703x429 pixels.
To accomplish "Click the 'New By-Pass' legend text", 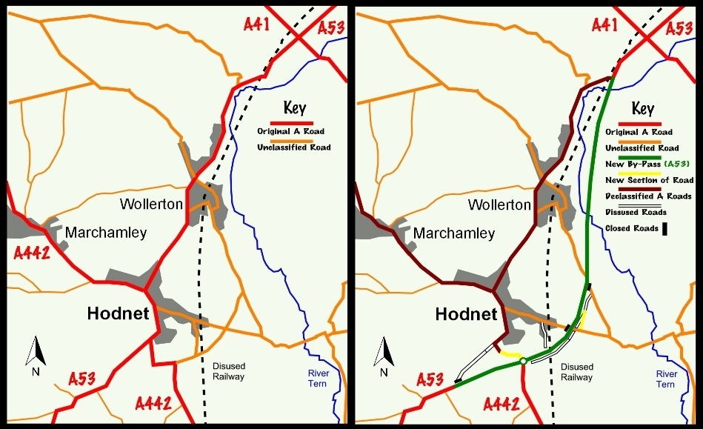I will [630, 164].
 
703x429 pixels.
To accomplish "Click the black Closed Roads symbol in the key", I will [664, 229].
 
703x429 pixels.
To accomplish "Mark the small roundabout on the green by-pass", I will [523, 361].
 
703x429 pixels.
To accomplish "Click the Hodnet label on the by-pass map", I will [466, 313].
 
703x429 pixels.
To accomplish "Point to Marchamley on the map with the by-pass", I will [453, 233].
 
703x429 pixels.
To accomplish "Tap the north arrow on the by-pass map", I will [383, 354].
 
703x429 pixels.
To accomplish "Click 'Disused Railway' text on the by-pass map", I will [576, 372].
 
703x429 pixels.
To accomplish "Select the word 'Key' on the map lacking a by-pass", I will [294, 108].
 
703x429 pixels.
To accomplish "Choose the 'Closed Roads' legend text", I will [631, 228].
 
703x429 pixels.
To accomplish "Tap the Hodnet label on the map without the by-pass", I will [118, 313].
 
